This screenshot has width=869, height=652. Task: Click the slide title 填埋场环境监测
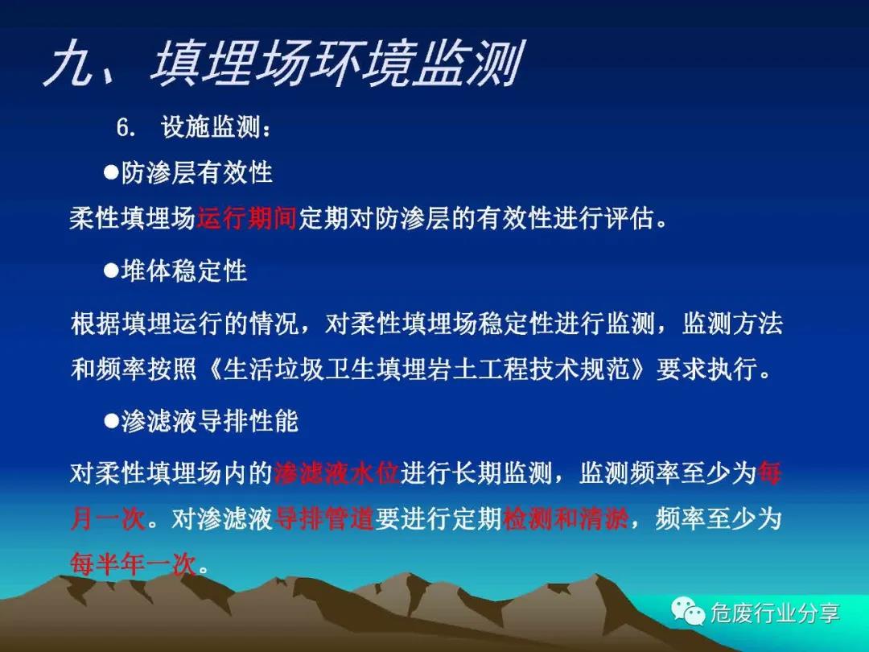(337, 64)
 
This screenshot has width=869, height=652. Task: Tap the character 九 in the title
(70, 64)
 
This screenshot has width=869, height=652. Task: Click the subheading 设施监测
(211, 127)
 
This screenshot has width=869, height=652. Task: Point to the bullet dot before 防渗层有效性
(111, 172)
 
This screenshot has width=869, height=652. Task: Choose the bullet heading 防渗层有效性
(197, 172)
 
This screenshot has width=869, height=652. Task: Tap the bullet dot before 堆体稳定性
(111, 270)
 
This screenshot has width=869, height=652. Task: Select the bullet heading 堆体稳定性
(184, 271)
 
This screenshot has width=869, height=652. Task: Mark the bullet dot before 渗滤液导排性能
(111, 421)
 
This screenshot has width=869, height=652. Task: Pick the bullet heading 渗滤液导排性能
(209, 421)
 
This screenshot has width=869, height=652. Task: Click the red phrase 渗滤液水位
(337, 473)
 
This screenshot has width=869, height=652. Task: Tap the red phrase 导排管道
(324, 519)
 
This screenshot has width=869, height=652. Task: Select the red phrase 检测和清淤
(566, 519)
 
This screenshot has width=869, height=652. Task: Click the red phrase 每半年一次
(133, 564)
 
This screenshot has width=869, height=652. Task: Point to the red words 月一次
(108, 519)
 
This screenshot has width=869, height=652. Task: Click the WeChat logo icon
(688, 611)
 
